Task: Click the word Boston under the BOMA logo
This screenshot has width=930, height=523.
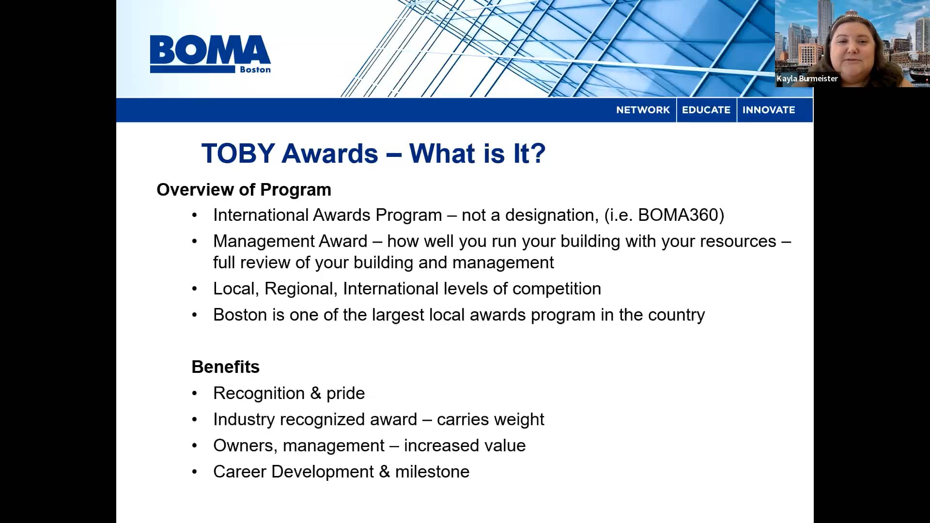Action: (255, 70)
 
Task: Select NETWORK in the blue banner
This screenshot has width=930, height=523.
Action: (643, 110)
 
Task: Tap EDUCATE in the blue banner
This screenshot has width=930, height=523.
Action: (706, 110)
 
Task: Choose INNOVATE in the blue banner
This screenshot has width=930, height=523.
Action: (769, 110)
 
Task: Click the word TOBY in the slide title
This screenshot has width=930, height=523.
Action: (238, 154)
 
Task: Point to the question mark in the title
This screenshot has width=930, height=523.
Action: (538, 154)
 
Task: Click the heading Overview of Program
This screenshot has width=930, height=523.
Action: (244, 190)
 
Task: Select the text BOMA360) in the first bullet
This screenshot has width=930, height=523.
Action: (681, 215)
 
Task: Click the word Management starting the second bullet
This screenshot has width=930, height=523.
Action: (290, 241)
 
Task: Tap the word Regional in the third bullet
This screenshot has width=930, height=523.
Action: (300, 289)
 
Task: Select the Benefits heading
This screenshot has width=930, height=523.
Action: (225, 367)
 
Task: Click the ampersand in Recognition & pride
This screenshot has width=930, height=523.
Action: (316, 393)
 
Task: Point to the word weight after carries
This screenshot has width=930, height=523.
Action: (520, 419)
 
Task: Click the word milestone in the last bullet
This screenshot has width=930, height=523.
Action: (432, 472)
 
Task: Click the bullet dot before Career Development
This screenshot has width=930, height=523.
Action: (195, 472)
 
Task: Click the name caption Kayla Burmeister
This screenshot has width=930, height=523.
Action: (807, 78)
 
